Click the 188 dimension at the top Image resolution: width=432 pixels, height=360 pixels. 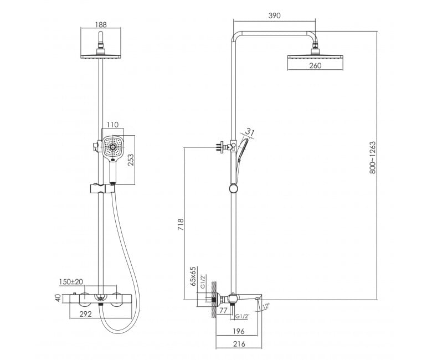[101, 24]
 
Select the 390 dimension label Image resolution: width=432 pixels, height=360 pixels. [274, 16]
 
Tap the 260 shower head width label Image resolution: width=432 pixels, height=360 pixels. [315, 65]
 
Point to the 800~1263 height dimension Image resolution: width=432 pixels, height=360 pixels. [373, 157]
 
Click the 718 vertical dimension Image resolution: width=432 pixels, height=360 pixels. [181, 224]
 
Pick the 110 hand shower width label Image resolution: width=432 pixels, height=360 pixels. [112, 125]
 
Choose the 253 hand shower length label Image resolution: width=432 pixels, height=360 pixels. [131, 160]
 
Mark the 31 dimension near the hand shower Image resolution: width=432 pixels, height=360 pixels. [249, 132]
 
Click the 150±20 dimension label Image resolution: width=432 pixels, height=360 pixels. [71, 281]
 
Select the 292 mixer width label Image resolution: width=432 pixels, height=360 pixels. [85, 314]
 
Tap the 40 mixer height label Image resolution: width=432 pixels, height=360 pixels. [58, 298]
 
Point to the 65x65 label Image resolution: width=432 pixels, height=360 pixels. [193, 276]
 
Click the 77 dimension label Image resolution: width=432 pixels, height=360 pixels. [223, 310]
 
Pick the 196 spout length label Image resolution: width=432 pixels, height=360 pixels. [239, 331]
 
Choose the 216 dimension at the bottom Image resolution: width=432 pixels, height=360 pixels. [239, 344]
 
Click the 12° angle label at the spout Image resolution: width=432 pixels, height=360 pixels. [266, 306]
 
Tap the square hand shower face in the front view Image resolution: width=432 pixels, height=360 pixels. [113, 148]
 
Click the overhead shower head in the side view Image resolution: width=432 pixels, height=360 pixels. [315, 56]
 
